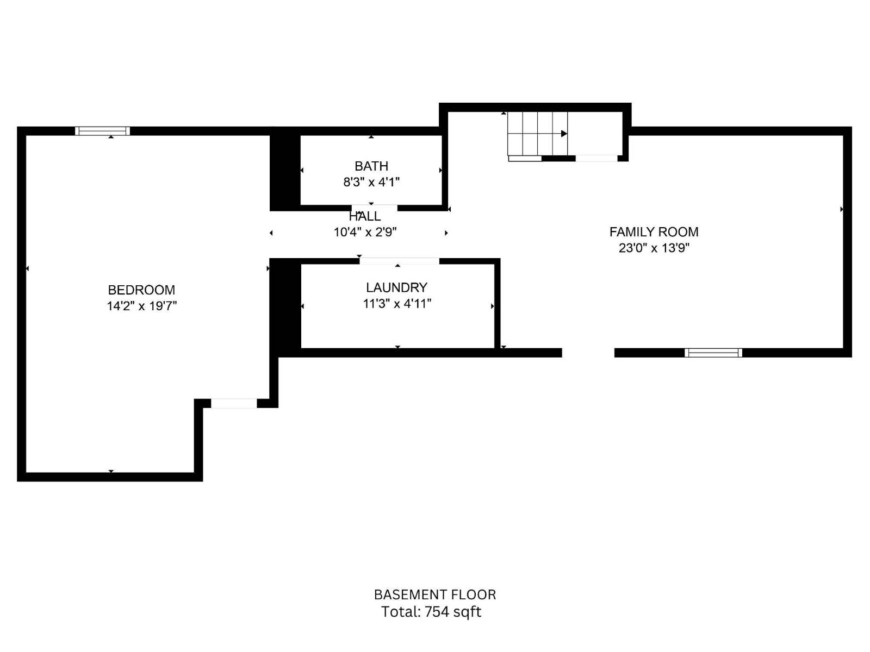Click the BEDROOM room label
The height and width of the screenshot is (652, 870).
(x=141, y=290)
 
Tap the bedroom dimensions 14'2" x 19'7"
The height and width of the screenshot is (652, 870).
(x=141, y=306)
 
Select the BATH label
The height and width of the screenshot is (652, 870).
(x=371, y=166)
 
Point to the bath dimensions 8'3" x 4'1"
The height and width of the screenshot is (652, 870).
(x=371, y=182)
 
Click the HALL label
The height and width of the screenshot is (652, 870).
(x=365, y=216)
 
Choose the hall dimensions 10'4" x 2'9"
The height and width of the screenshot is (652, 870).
(x=365, y=232)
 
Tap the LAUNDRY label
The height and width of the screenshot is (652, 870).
(x=396, y=287)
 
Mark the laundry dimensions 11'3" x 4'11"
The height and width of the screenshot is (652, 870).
(x=397, y=304)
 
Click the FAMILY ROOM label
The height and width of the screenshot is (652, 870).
(x=654, y=232)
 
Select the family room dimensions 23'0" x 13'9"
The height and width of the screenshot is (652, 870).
(x=654, y=248)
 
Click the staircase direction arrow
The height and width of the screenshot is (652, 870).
(x=564, y=134)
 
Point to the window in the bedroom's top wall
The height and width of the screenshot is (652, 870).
(x=102, y=131)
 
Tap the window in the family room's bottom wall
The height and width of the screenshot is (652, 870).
(x=713, y=353)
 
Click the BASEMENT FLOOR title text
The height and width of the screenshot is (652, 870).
(x=434, y=594)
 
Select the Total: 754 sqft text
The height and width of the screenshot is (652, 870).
(x=431, y=612)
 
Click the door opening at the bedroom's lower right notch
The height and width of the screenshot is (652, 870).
(x=234, y=403)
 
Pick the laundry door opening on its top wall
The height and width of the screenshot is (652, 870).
(x=399, y=261)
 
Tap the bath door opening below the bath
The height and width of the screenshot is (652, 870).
(x=374, y=208)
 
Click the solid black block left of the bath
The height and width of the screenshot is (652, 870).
(x=285, y=172)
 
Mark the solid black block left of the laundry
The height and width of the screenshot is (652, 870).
(x=285, y=305)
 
